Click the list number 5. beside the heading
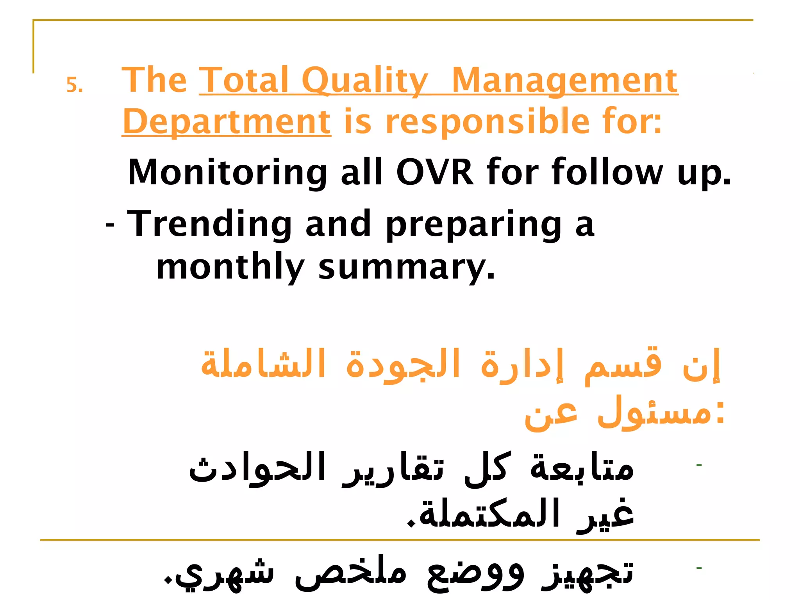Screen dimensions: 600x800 click(x=74, y=85)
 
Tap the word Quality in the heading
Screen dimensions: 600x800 click(x=365, y=81)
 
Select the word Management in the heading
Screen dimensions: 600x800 click(x=564, y=81)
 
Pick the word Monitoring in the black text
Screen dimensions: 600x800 click(x=227, y=172)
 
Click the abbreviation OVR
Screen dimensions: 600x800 click(x=435, y=172)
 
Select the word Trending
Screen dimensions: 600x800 click(x=209, y=224)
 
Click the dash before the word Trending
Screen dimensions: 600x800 click(x=110, y=225)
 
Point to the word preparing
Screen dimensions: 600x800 click(x=473, y=225)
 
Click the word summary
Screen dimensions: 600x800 click(x=406, y=269)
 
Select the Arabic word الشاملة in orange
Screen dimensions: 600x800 click(x=263, y=364)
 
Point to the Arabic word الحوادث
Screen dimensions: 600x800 click(x=257, y=468)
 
